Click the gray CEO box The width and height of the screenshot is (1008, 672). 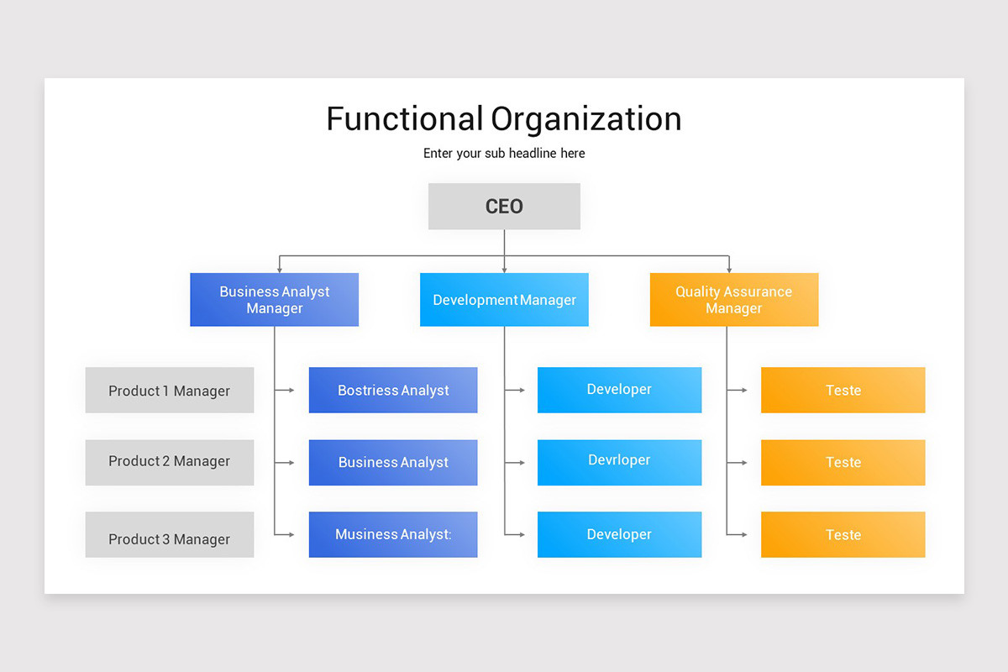click(504, 207)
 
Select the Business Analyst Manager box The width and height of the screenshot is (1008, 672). click(275, 300)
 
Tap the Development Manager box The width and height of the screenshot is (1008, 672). click(504, 300)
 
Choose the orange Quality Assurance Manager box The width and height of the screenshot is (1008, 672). click(734, 300)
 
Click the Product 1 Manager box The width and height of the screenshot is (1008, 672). click(169, 390)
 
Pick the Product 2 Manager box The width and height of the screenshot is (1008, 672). click(169, 462)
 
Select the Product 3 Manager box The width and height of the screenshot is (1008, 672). click(169, 535)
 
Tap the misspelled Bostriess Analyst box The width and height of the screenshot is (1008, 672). click(393, 390)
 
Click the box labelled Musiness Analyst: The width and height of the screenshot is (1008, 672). click(393, 535)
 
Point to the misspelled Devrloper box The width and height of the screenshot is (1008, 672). click(619, 462)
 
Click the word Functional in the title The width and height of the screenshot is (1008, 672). click(404, 119)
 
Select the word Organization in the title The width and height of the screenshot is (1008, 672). click(586, 119)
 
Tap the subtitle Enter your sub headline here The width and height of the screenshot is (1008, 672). click(504, 154)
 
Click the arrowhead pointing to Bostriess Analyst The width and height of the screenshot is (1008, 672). click(291, 390)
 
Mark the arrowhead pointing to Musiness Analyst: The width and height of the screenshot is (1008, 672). click(291, 534)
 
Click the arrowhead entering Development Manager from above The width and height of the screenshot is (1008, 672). click(504, 270)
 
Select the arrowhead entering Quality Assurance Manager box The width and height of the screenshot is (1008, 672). click(728, 270)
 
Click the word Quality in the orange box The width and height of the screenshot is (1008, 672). click(697, 291)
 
